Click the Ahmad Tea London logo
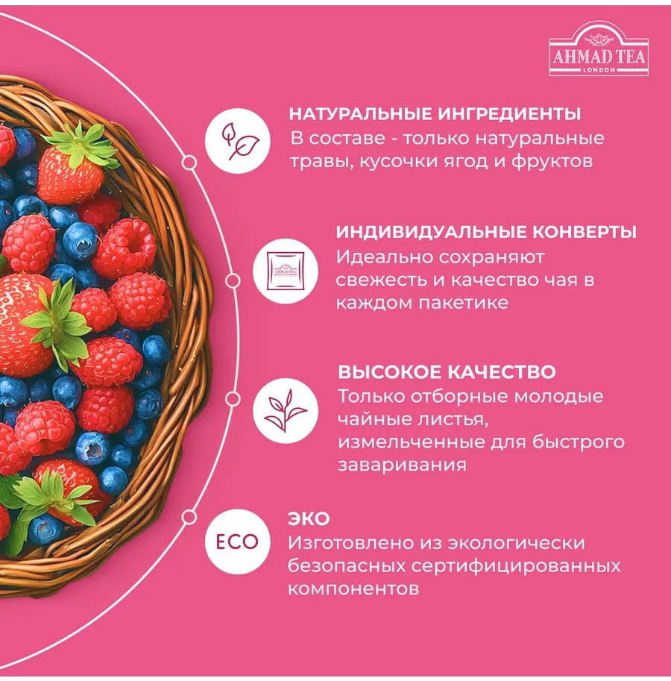[599, 51]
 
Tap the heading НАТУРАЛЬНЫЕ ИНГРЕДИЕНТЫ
[435, 114]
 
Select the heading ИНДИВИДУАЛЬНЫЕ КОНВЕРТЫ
[486, 232]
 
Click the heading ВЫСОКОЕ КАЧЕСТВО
[447, 372]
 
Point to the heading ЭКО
[309, 518]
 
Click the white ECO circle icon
[237, 542]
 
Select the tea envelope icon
[286, 271]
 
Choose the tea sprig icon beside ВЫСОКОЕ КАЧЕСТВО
[286, 411]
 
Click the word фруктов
[552, 162]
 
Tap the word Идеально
[384, 257]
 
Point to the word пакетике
[464, 303]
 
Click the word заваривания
[403, 465]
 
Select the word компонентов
[353, 589]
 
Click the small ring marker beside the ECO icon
[189, 517]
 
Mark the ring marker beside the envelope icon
[233, 281]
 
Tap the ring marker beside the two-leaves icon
[189, 163]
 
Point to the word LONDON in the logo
[598, 70]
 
